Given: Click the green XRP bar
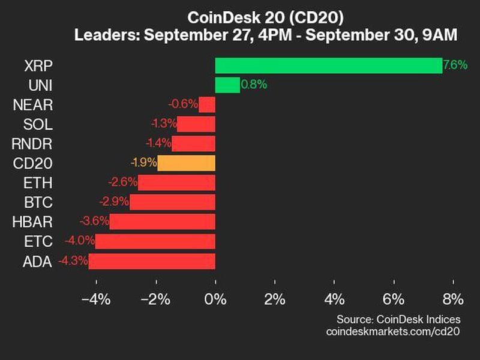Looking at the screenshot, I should point(328,65).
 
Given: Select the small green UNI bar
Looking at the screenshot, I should point(227,85).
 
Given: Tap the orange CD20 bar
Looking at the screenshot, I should point(186,163).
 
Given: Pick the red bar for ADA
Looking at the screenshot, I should point(152,261).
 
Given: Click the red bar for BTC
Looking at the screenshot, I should point(172,202).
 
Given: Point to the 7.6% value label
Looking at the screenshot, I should point(455,65).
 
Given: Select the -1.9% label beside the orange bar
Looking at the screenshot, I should point(143,163).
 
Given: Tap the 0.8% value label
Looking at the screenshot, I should point(253,85).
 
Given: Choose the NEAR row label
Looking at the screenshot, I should point(32,105).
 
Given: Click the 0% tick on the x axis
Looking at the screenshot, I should point(215,299).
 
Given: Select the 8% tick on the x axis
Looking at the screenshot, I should point(452,299).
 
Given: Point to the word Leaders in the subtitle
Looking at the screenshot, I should point(100,35).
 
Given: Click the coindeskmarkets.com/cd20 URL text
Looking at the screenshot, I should point(393,331).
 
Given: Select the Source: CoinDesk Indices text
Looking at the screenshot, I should point(398,319).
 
